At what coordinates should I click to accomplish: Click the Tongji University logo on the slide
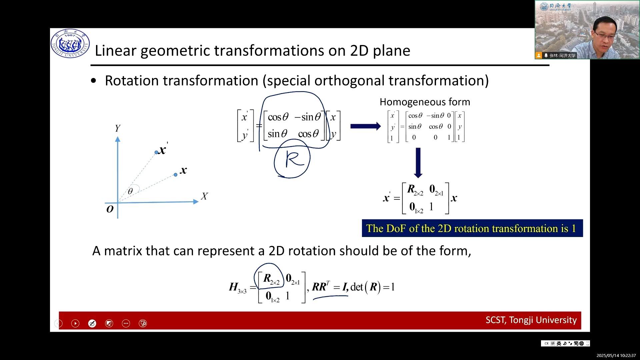click(70, 44)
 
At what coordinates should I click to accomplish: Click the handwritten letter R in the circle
click(294, 159)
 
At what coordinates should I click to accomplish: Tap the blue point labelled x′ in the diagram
click(156, 152)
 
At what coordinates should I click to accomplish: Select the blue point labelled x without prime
click(176, 175)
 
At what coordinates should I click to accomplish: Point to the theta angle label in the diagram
click(130, 191)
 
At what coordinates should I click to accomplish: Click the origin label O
click(110, 209)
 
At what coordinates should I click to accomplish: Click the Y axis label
click(118, 128)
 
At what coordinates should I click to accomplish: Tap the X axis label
click(204, 196)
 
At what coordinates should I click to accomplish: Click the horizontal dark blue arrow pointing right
click(366, 126)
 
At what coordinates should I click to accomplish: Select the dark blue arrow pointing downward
click(418, 163)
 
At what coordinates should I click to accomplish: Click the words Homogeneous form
click(425, 102)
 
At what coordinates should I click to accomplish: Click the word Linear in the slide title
click(116, 51)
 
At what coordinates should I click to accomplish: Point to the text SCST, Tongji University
click(531, 320)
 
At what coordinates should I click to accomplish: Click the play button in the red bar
click(75, 323)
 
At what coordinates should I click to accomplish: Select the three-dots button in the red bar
click(126, 323)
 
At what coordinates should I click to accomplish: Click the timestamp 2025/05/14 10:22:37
click(616, 356)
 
